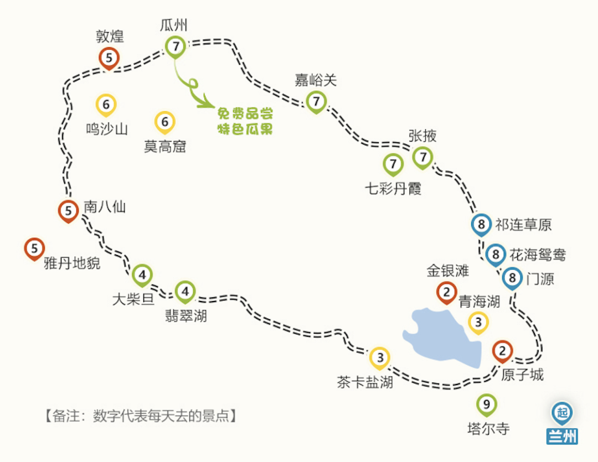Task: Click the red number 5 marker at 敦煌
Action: pos(109,58)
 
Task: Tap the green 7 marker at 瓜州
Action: pos(176,47)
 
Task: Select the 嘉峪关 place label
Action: pos(316,81)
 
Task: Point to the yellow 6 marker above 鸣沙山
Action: pos(106,104)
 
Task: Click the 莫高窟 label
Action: pos(165,147)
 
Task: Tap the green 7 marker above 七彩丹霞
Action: pos(393,164)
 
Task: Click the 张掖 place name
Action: pos(422,136)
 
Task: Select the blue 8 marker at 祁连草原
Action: pos(482,225)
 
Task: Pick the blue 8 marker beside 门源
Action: pos(513,277)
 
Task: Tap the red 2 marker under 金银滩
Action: pos(446,291)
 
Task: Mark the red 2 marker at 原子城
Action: pos(503,351)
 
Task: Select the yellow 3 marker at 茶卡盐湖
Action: pos(380,358)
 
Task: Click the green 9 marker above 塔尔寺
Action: pos(487,404)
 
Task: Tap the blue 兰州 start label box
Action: pos(562,436)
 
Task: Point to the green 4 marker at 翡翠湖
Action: pos(185,291)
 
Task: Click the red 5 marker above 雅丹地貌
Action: pos(35,248)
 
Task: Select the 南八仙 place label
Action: pos(105,207)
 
